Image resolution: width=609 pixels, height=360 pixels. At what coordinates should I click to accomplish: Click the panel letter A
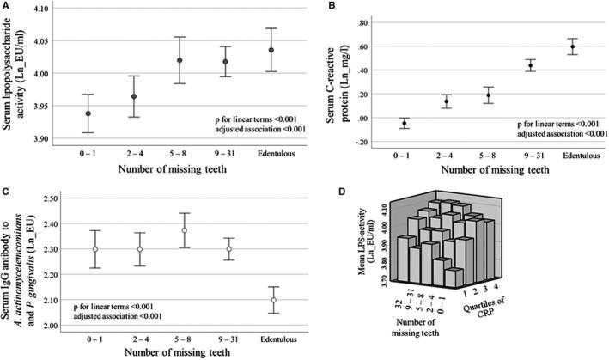pyautogui.click(x=6, y=6)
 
